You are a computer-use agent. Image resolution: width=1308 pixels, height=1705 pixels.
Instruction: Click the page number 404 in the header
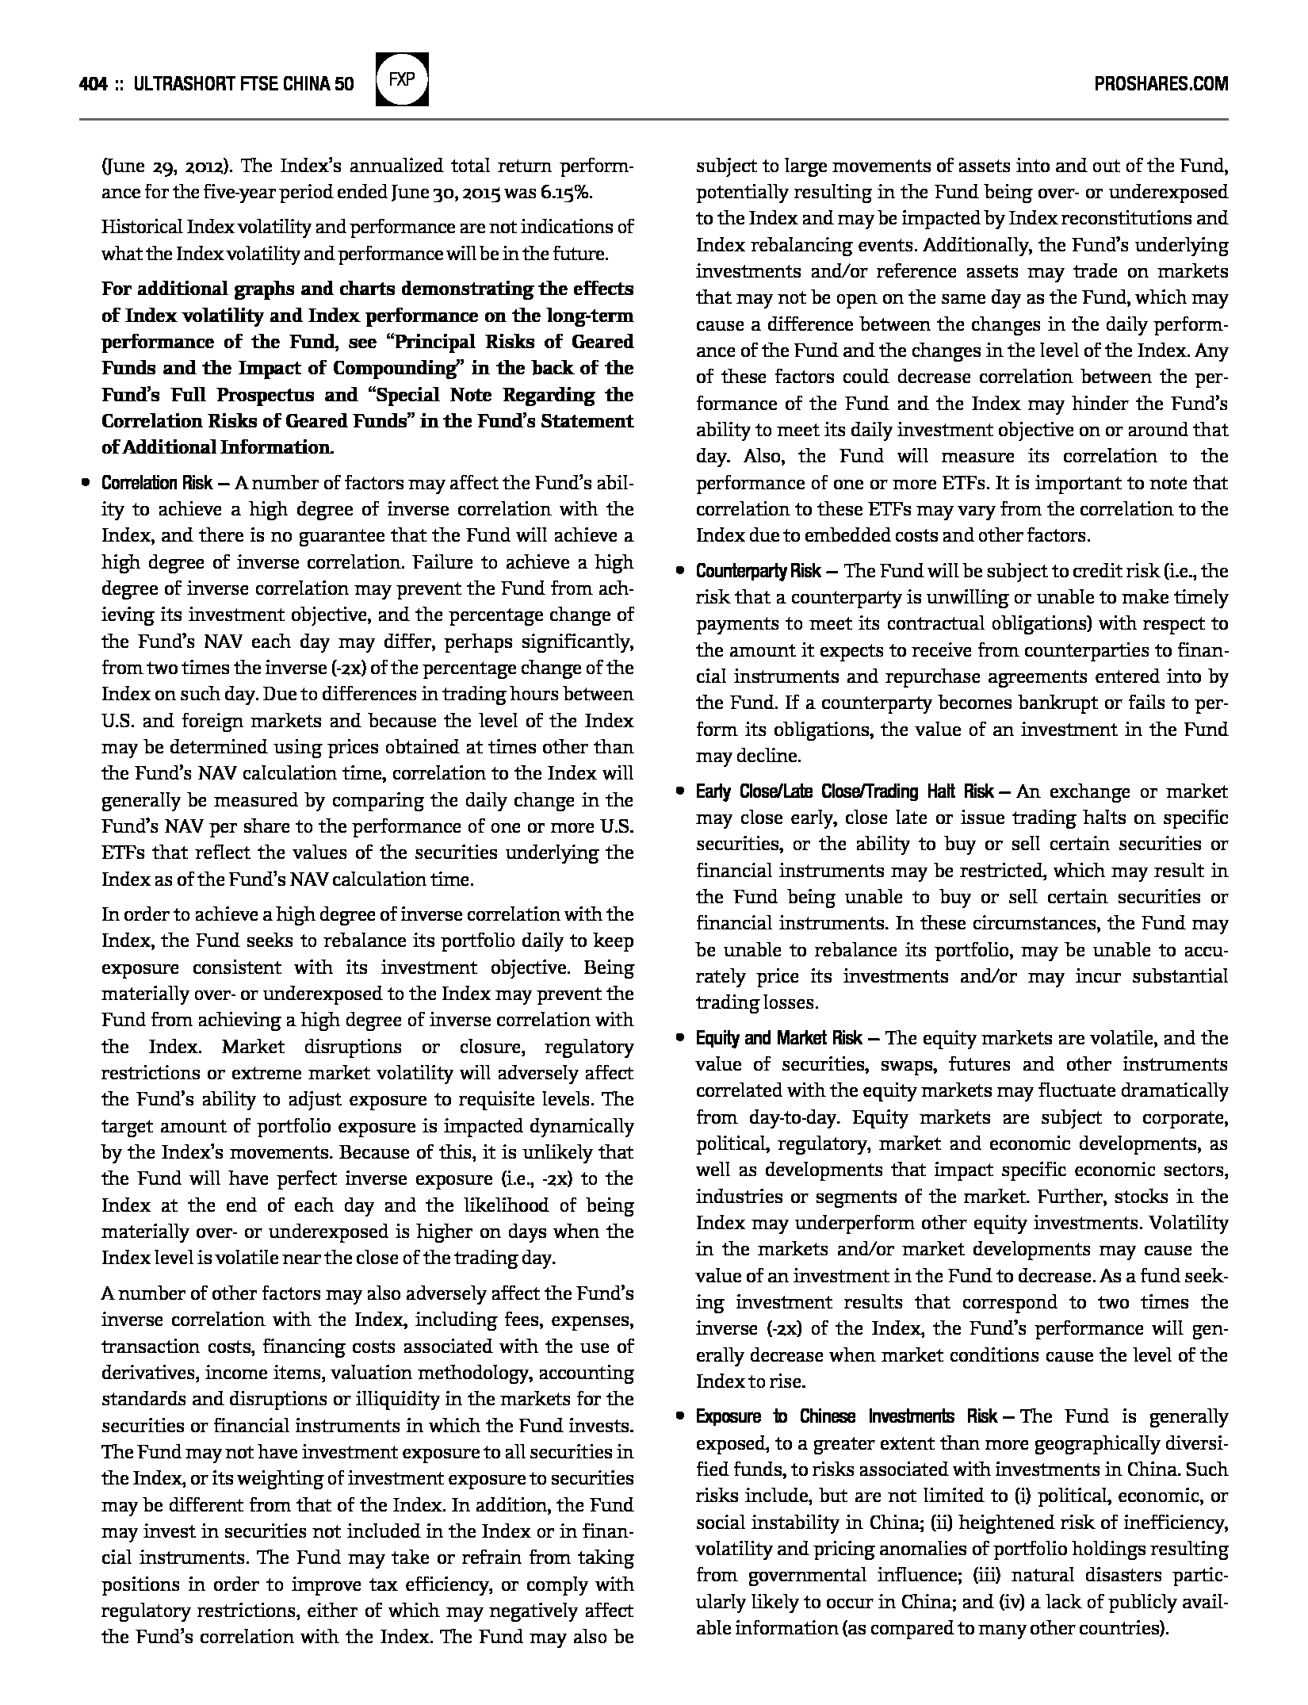[x=94, y=84]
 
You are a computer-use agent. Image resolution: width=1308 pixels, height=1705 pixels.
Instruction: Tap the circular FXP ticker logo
[x=402, y=79]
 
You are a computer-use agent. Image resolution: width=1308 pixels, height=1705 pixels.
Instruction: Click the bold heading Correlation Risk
[x=156, y=483]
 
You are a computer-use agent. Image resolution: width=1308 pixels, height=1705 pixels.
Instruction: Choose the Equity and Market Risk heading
[x=782, y=1038]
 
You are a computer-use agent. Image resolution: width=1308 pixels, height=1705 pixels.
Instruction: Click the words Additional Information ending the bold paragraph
[x=224, y=447]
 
